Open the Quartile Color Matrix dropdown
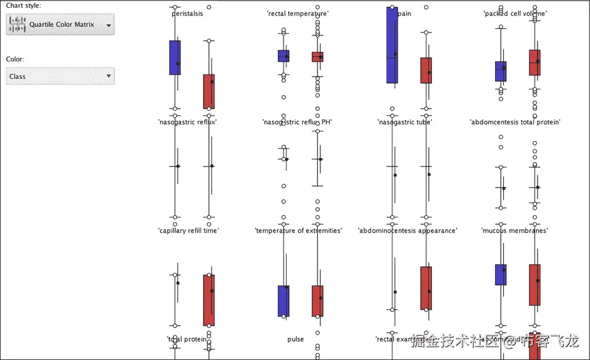[x=60, y=24]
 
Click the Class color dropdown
[x=60, y=76]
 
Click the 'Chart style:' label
[x=24, y=5]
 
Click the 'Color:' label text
[x=15, y=59]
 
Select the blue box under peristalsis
[x=175, y=57]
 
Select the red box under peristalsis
[x=209, y=91]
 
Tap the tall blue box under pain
[x=392, y=45]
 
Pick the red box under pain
[x=426, y=70]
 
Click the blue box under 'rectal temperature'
[x=283, y=56]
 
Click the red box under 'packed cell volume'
[x=535, y=63]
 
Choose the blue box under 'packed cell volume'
[x=500, y=71]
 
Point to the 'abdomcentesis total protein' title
[x=515, y=122]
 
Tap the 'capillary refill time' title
[x=188, y=231]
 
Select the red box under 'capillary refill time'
[x=209, y=300]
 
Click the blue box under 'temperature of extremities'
[x=283, y=301]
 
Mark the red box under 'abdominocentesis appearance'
[x=426, y=288]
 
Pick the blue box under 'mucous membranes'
[x=500, y=274]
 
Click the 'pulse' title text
[x=296, y=339]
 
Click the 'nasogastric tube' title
[x=405, y=122]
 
